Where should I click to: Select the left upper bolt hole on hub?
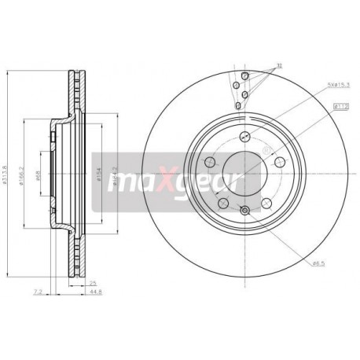point(210,162)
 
